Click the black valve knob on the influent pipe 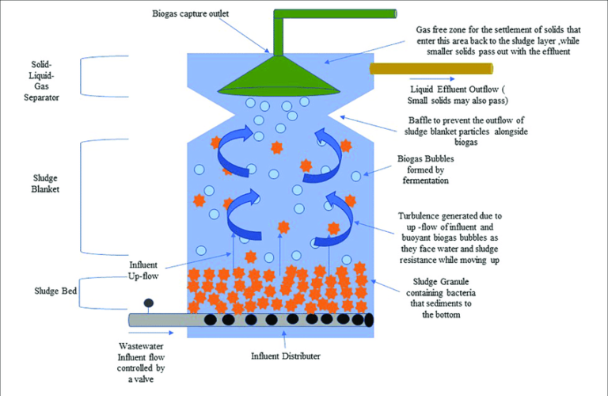coord(148,303)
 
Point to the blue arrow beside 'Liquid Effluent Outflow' coord(431,79)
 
